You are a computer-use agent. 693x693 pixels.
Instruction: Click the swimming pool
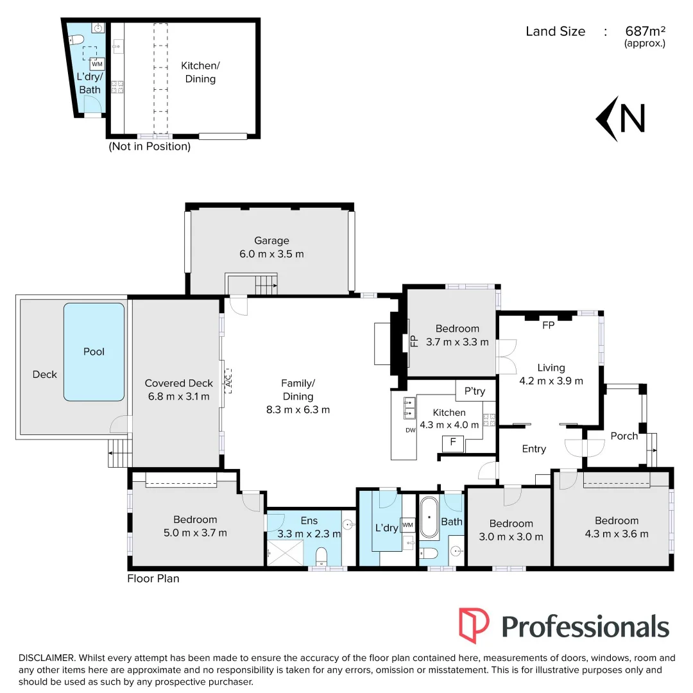94,352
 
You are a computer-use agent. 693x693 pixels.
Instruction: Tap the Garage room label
271,241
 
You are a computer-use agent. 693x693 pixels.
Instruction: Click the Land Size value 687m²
644,31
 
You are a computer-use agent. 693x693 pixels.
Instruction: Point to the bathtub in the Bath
429,518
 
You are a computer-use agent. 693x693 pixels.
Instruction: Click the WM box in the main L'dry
408,526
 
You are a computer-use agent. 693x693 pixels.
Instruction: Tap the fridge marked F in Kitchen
453,442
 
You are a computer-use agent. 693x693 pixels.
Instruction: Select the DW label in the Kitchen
411,431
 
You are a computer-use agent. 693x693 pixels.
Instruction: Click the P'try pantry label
474,391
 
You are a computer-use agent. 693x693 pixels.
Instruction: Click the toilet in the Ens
322,554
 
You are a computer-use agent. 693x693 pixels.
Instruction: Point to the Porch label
624,436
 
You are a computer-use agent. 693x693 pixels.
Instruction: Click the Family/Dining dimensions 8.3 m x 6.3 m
302,410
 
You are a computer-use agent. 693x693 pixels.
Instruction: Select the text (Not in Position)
150,146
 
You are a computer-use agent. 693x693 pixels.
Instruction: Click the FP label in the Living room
548,325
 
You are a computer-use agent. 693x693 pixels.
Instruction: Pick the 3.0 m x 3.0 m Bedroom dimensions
511,537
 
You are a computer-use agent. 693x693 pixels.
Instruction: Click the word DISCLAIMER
47,658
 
